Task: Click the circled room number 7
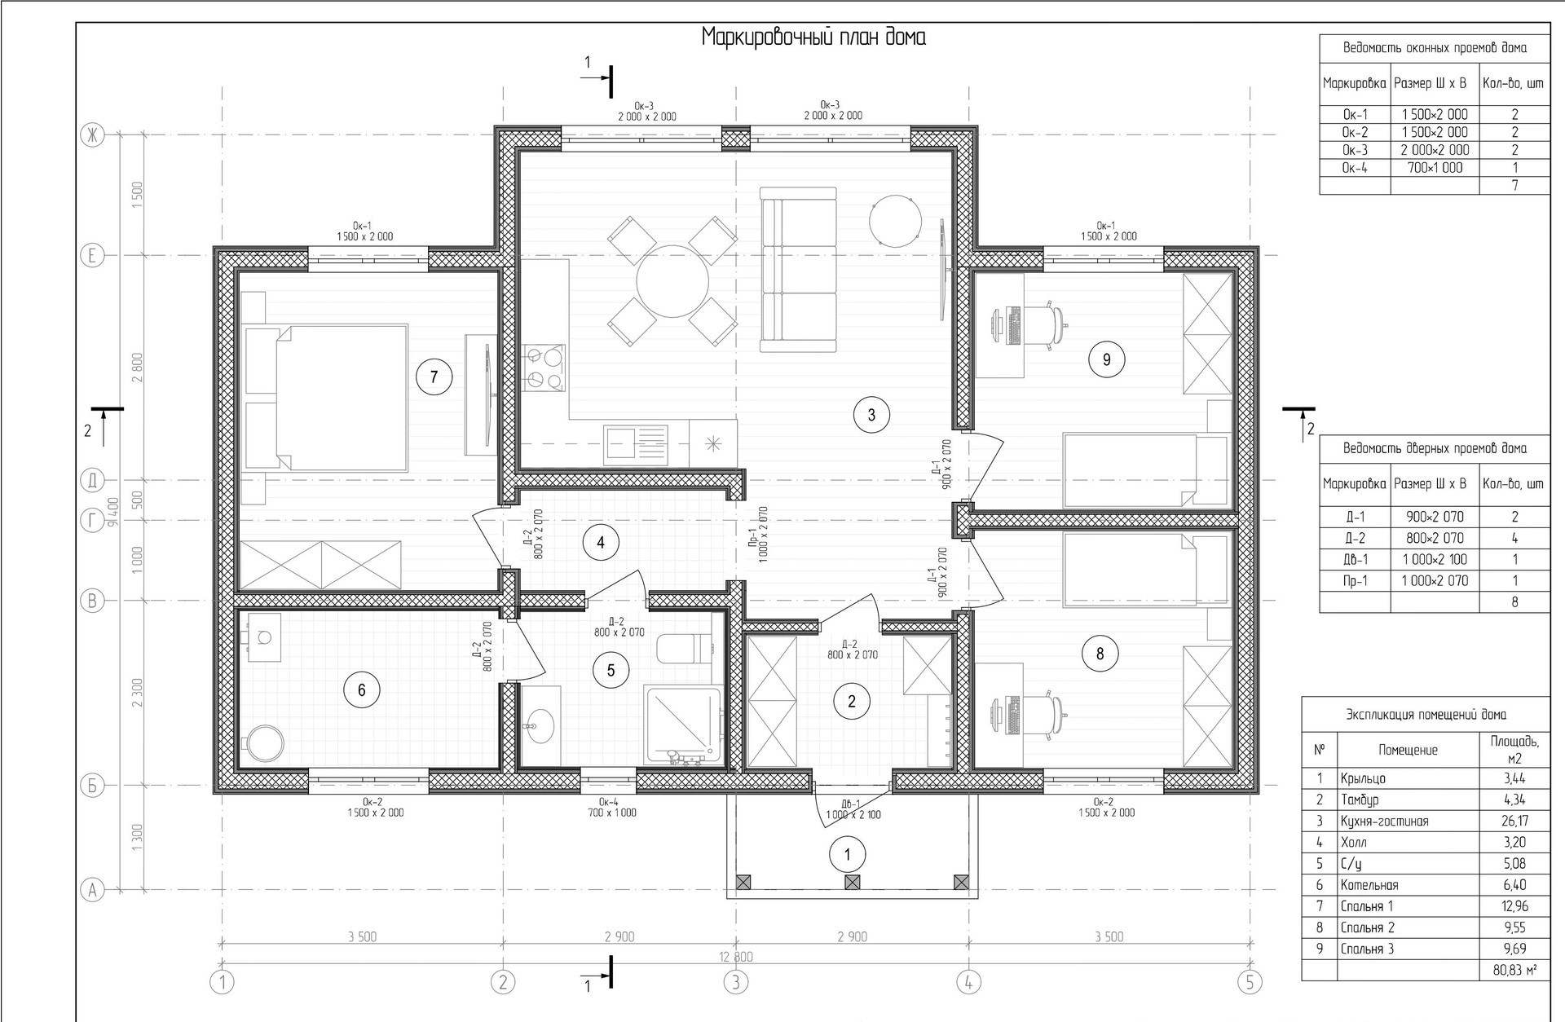tap(434, 377)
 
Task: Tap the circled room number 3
tap(871, 415)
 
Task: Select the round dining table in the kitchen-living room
tap(672, 281)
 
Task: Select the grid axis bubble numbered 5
tap(1249, 983)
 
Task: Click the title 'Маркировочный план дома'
tap(814, 38)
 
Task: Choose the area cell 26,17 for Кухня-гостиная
tap(1514, 822)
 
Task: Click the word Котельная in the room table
tap(1369, 885)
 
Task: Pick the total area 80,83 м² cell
tap(1514, 970)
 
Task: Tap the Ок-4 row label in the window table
tap(1355, 168)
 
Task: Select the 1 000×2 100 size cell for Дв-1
tap(1434, 559)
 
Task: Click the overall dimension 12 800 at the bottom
tap(736, 957)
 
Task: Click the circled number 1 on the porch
tap(848, 855)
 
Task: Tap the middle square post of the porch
tap(852, 882)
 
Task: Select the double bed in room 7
tap(325, 398)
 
